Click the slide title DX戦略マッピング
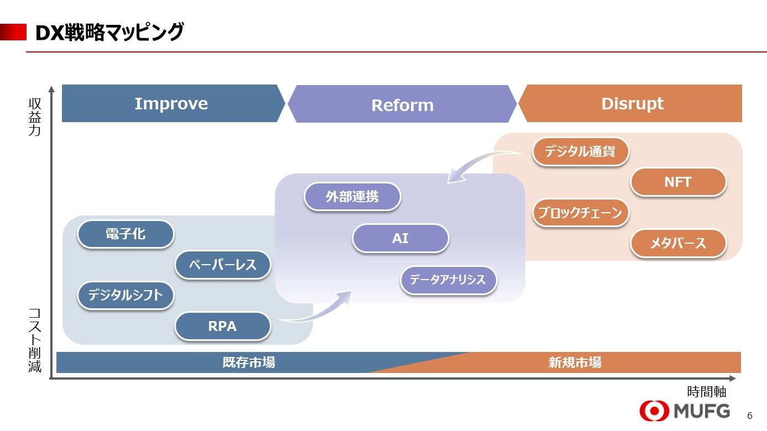point(109,33)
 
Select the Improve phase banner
point(171,103)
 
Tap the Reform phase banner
point(402,104)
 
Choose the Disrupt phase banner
point(632,103)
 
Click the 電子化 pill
point(126,234)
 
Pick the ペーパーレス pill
point(223,265)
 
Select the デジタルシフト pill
point(126,295)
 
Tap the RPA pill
point(222,327)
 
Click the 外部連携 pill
point(352,197)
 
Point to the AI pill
point(400,238)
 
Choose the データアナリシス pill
point(448,280)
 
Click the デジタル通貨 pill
point(580,151)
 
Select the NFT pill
point(677,182)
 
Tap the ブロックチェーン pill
point(581,213)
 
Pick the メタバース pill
point(677,243)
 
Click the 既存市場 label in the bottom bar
point(248,362)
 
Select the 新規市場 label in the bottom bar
point(575,362)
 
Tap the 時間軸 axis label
point(706,392)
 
